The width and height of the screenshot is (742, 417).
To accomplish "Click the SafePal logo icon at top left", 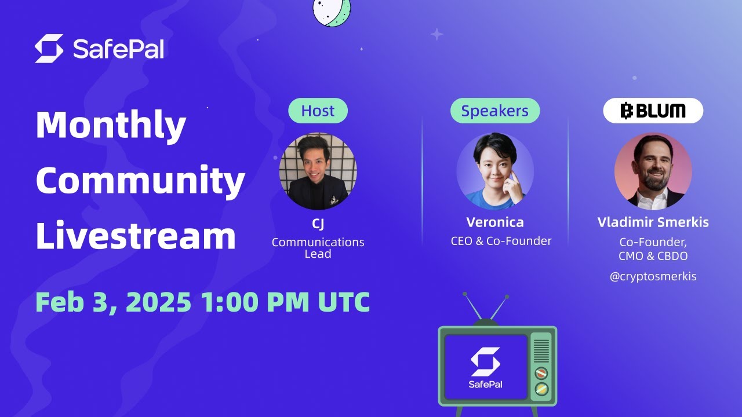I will pos(49,49).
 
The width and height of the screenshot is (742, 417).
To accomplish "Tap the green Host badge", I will pos(318,111).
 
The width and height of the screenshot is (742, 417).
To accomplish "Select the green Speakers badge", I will pos(494,111).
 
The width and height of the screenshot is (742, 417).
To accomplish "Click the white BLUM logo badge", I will pos(653,111).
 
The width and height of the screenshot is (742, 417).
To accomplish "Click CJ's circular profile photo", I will pos(318,171).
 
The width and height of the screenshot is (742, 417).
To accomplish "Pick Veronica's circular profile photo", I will pos(494,171).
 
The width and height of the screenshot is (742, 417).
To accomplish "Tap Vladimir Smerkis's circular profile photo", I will pos(653,171).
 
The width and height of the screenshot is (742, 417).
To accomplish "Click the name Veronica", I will pos(494,222).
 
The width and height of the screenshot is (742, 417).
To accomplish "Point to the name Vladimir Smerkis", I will pos(653,222).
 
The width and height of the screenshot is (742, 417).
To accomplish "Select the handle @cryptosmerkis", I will pos(653,276).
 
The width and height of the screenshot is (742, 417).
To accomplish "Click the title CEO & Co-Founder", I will pos(501,241).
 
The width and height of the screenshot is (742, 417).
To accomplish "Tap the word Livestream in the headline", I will pos(136,236).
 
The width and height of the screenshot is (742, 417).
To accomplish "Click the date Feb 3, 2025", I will pos(113,302).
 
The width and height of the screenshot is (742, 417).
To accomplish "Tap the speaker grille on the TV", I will pos(541,350).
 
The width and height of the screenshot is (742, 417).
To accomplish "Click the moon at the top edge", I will pos(332,10).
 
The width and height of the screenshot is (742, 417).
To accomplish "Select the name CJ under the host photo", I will pos(318,224).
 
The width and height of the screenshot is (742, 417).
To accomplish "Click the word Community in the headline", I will pos(140,181).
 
